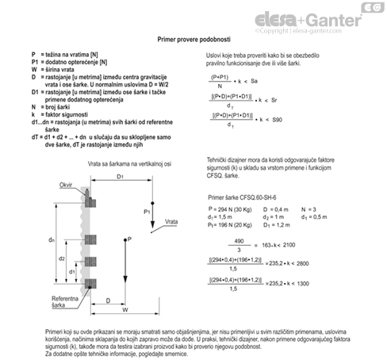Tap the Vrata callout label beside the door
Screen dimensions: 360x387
click(x=171, y=220)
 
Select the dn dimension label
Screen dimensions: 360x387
click(x=51, y=239)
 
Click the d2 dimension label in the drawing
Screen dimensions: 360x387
click(x=61, y=259)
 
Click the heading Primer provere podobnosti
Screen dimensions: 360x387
click(x=193, y=37)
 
